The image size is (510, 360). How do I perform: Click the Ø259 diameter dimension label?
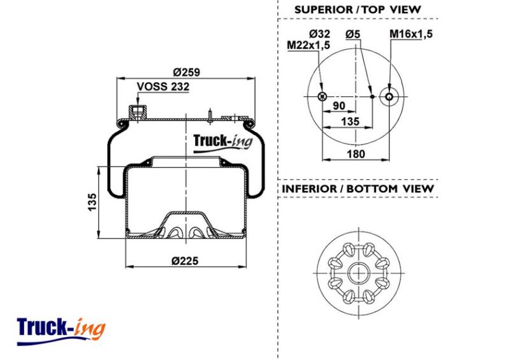pos(186,72)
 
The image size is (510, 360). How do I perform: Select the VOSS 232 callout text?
pos(163,87)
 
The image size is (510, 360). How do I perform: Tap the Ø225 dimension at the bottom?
pos(185,261)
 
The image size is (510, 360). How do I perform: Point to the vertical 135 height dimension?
pos(92,202)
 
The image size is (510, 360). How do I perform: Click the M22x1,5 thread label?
pos(309,45)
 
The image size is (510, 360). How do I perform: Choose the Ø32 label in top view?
pos(319,34)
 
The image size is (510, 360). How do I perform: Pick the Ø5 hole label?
pos(353,34)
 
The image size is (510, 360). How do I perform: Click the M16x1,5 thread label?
pos(411,34)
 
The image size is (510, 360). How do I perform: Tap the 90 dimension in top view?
pos(339,106)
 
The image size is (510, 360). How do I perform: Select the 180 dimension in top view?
pos(356,154)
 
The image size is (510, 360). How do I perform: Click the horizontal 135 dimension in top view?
pos(350,121)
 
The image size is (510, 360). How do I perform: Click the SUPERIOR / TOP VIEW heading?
pos(358,10)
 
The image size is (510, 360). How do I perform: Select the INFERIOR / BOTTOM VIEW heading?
pos(358,189)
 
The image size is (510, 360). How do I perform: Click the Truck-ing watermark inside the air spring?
pos(222,143)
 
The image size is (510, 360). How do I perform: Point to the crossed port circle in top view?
pos(323,96)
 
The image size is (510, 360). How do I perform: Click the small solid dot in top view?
pos(372,97)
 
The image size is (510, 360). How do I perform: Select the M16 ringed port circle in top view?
pos(389,97)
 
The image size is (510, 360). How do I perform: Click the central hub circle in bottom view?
pos(358,273)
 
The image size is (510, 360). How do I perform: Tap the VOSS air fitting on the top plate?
pos(138,113)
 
